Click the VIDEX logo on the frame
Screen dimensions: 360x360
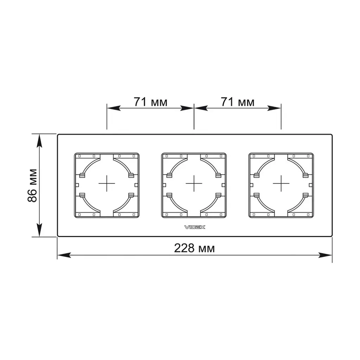[195, 227]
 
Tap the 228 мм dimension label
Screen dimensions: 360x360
[194, 248]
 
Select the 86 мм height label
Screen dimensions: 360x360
[32, 186]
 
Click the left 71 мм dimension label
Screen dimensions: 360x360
[150, 102]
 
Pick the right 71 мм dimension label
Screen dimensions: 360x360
[238, 102]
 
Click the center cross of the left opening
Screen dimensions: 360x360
[107, 184]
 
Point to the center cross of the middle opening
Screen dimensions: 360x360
[194, 184]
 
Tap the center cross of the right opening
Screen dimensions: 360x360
[281, 184]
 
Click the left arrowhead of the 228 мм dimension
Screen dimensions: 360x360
[64, 255]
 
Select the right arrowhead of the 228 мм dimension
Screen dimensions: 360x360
[326, 255]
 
